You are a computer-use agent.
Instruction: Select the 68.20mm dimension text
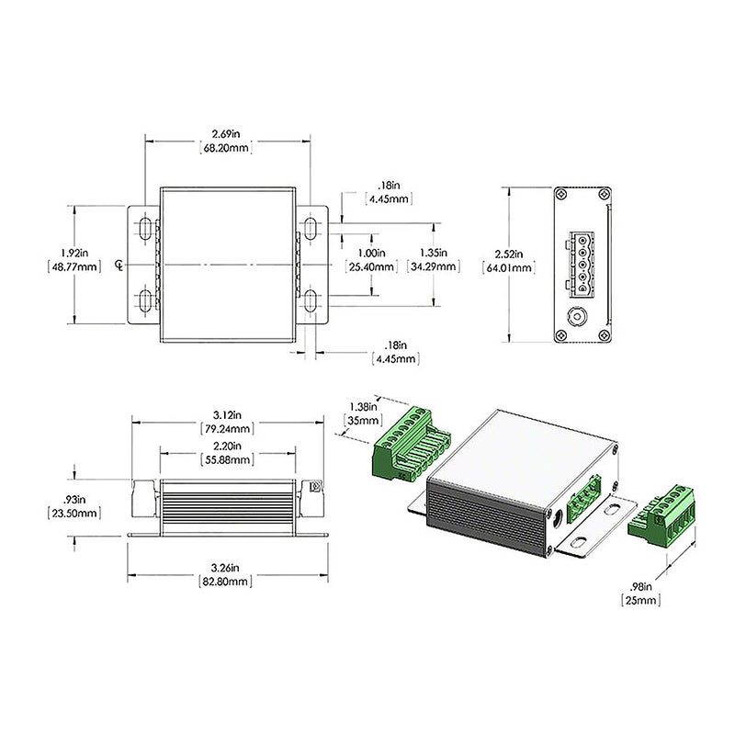tap(226, 148)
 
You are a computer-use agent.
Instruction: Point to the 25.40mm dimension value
tap(371, 266)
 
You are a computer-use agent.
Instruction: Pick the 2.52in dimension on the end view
tap(508, 254)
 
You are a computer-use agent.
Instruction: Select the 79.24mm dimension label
tap(227, 429)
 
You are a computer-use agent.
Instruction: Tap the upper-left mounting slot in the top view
tap(145, 228)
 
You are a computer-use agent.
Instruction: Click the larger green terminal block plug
tap(408, 444)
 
